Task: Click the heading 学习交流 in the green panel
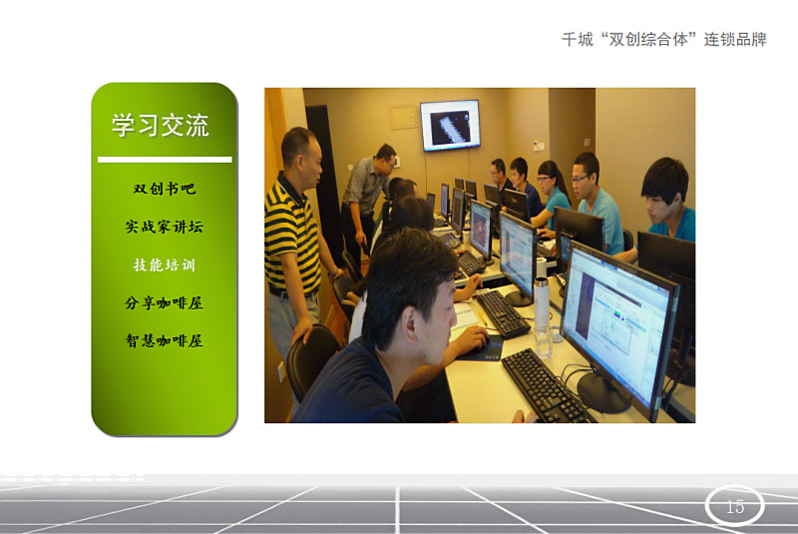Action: (160, 125)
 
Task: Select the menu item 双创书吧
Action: (165, 189)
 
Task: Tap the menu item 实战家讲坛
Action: (165, 227)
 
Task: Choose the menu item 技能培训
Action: (165, 265)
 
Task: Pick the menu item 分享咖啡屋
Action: (165, 302)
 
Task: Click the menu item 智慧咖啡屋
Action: (165, 340)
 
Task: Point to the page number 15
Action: (735, 506)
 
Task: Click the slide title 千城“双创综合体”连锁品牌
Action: (664, 39)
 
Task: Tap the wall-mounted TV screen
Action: (450, 125)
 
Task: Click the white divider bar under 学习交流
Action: (165, 160)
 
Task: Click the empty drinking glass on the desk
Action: (544, 340)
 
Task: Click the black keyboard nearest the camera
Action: (545, 388)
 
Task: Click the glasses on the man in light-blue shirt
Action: (581, 179)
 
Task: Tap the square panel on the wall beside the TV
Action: (404, 118)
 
